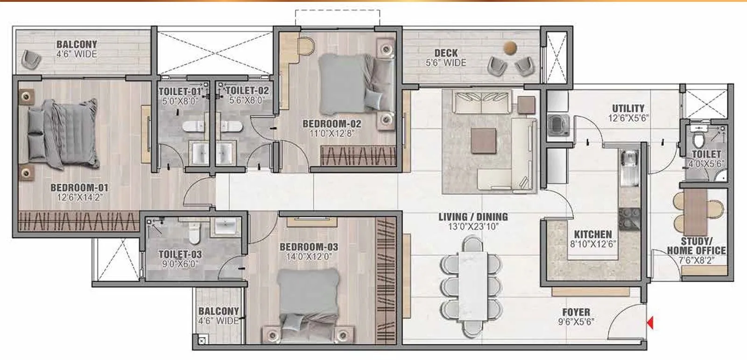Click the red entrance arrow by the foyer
click(x=649, y=323)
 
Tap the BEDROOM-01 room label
click(x=79, y=188)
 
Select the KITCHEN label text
click(x=592, y=234)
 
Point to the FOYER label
click(x=576, y=312)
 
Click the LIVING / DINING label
click(x=473, y=217)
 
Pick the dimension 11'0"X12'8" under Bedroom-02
click(x=332, y=134)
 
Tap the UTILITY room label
click(x=628, y=108)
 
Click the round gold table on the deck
click(x=510, y=47)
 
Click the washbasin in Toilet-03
click(x=227, y=226)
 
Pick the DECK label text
click(x=446, y=53)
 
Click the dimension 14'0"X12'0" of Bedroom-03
click(x=309, y=257)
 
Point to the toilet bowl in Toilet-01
click(x=193, y=126)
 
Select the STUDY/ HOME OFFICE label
click(x=696, y=246)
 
